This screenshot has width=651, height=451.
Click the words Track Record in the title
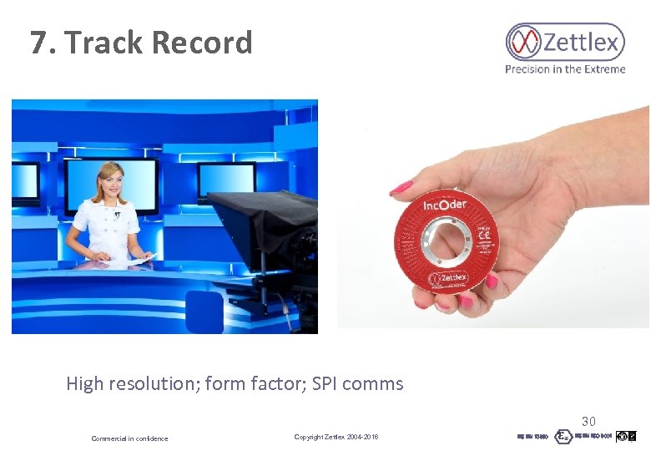[x=159, y=42]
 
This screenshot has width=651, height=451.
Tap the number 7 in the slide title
[x=38, y=42]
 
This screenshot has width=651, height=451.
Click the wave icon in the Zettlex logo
[x=524, y=42]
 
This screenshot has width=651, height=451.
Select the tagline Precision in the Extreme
[x=565, y=69]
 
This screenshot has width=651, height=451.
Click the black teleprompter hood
[x=250, y=221]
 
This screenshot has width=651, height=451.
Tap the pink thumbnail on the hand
[x=401, y=187]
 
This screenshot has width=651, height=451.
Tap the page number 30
[x=588, y=422]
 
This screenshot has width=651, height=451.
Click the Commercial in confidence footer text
[x=129, y=438]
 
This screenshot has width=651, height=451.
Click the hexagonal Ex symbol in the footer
[x=563, y=436]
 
